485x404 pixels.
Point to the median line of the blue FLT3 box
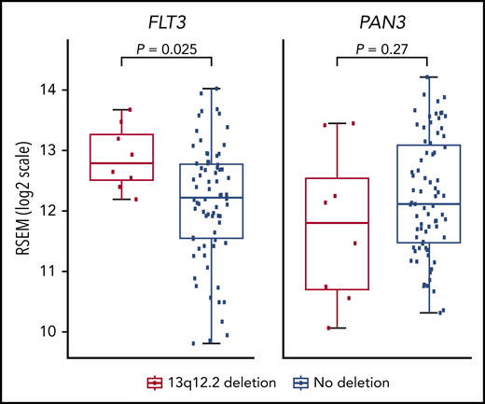[x=212, y=198]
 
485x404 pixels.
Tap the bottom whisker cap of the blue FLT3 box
[x=212, y=343]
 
